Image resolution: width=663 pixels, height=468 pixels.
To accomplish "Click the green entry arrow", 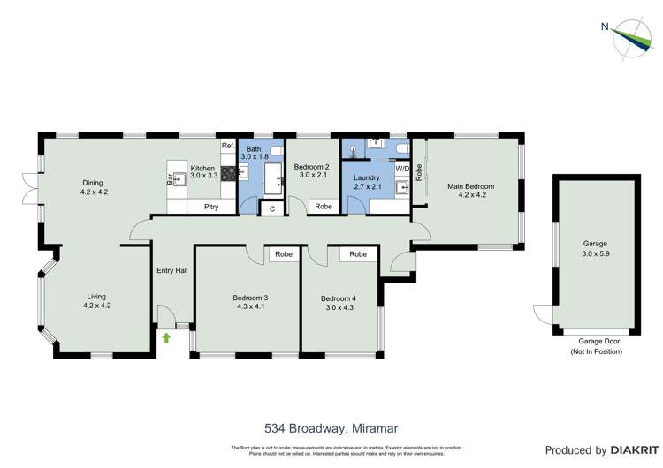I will click(x=166, y=337).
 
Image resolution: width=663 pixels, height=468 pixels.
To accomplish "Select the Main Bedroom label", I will click(x=470, y=186).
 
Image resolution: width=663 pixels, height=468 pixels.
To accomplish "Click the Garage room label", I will click(x=594, y=243).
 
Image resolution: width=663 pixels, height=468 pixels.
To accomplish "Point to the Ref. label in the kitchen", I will click(x=227, y=146).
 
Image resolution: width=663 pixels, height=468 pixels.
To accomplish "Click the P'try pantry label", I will click(x=211, y=207).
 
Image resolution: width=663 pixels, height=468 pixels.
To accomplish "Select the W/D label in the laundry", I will click(x=402, y=168).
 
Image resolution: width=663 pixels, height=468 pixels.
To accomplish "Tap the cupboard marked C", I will click(x=271, y=208).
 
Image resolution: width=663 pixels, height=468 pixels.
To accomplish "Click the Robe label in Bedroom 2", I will click(x=324, y=207).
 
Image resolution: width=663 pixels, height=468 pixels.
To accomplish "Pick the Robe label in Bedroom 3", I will click(x=284, y=254).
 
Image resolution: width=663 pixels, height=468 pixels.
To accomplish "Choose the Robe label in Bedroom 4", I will click(x=358, y=254).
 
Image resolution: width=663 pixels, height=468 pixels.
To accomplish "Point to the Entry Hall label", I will click(x=171, y=270).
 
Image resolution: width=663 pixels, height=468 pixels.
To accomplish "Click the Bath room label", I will click(x=254, y=148).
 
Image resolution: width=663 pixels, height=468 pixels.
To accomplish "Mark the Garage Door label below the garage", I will click(x=597, y=341).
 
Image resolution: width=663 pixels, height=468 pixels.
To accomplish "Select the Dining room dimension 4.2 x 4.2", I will click(x=94, y=192).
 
